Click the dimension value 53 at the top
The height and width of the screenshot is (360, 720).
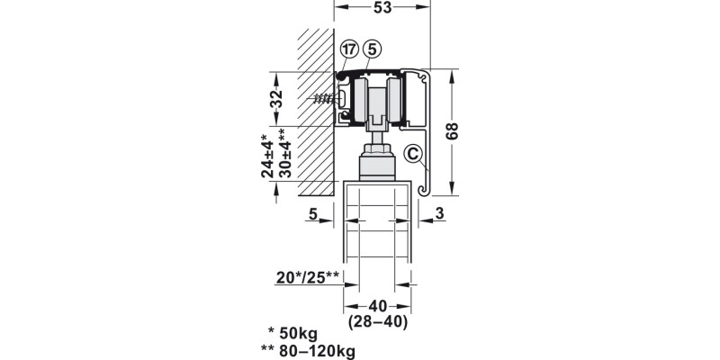[x=382, y=7]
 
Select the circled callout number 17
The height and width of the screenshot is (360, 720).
[x=349, y=49]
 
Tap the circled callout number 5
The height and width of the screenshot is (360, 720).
[x=372, y=49]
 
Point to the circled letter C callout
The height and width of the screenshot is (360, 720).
[x=413, y=154]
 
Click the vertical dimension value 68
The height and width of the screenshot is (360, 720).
[x=452, y=131]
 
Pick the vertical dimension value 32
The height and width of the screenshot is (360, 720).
[x=276, y=99]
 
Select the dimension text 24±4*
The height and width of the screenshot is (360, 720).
[x=267, y=156]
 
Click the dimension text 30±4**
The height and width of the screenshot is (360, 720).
[x=284, y=153]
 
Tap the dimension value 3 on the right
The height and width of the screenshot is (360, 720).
[x=439, y=213]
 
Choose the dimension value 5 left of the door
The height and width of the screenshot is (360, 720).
[x=312, y=213]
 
